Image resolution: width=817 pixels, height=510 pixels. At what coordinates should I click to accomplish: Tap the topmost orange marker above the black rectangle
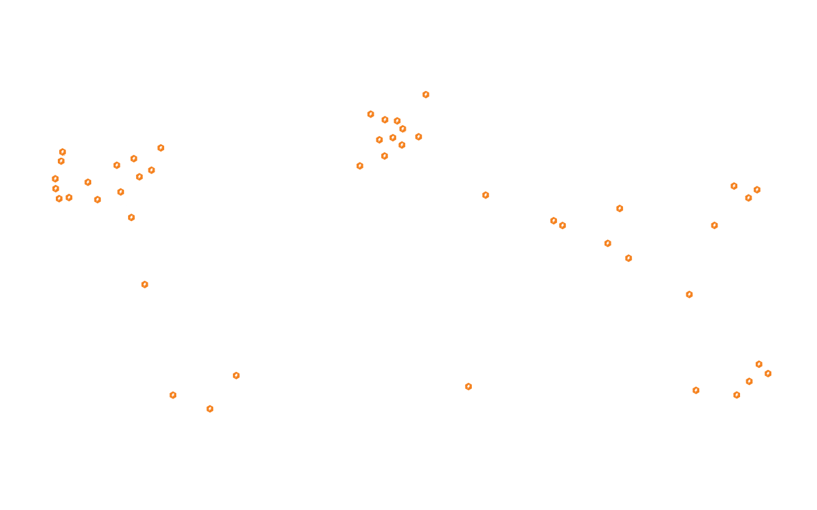pyautogui.click(x=426, y=95)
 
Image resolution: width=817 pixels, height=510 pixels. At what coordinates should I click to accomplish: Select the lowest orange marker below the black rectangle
pyautogui.click(x=210, y=409)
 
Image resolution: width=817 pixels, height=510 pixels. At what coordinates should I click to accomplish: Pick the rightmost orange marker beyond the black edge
pyautogui.click(x=768, y=373)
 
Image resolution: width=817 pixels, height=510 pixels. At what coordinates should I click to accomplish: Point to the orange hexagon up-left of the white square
pyautogui.click(x=485, y=195)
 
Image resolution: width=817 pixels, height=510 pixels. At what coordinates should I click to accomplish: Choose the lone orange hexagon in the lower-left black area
pyautogui.click(x=144, y=284)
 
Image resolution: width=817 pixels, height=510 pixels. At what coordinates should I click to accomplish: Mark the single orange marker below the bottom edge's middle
pyautogui.click(x=468, y=386)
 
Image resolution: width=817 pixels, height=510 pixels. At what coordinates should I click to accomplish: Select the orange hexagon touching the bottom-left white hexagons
pyautogui.click(x=236, y=375)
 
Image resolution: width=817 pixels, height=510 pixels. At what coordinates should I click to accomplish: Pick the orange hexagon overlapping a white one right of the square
pyautogui.click(x=554, y=221)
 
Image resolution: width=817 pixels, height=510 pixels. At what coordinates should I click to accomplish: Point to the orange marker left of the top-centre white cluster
pyautogui.click(x=359, y=166)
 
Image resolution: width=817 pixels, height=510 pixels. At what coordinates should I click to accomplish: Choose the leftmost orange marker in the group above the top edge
pyautogui.click(x=370, y=114)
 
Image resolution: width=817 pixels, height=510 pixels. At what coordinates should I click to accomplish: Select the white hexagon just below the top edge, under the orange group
pyautogui.click(x=420, y=144)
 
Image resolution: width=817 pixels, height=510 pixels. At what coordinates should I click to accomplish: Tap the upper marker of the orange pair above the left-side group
pyautogui.click(x=63, y=152)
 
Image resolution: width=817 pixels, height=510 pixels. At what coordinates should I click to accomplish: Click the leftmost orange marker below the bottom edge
pyautogui.click(x=173, y=395)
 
